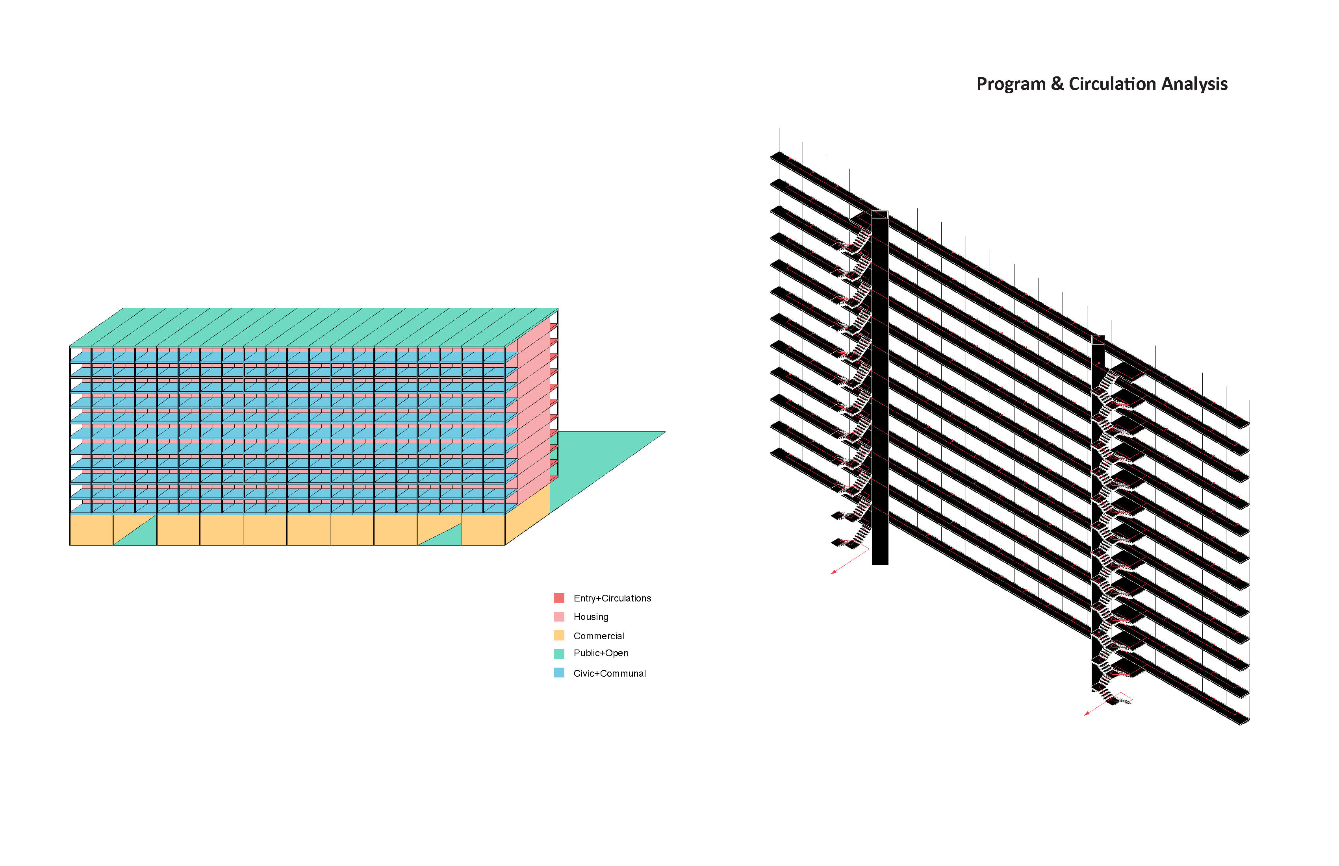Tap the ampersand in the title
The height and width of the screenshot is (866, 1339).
click(1057, 84)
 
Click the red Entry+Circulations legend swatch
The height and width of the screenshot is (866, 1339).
click(559, 598)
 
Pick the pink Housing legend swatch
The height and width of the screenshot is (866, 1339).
click(559, 616)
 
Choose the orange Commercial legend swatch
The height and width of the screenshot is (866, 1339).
click(559, 635)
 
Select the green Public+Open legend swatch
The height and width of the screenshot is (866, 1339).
click(559, 653)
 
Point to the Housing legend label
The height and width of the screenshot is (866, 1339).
click(591, 617)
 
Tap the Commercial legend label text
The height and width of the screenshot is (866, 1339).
click(599, 636)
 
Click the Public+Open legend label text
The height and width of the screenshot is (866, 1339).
click(601, 653)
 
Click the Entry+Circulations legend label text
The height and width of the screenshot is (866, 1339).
click(612, 598)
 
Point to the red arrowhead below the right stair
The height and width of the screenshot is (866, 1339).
click(1087, 713)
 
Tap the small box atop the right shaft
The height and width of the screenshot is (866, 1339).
click(1098, 340)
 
